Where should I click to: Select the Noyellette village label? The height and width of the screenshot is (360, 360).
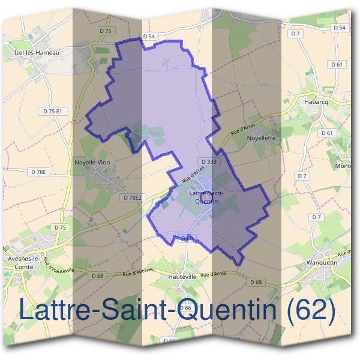pyautogui.click(x=261, y=137)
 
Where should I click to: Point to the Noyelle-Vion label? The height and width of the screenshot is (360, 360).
pyautogui.click(x=92, y=162)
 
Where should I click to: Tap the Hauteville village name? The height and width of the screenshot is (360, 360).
pyautogui.click(x=183, y=278)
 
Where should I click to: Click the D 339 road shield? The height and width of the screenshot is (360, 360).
pyautogui.click(x=209, y=162)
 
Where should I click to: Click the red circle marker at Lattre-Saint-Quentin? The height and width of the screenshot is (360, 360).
pyautogui.click(x=206, y=196)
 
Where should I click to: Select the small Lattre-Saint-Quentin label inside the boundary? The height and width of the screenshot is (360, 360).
pyautogui.click(x=204, y=197)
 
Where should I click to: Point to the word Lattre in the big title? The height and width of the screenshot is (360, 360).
pyautogui.click(x=53, y=310)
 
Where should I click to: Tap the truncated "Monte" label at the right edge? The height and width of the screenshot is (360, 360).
pyautogui.click(x=343, y=166)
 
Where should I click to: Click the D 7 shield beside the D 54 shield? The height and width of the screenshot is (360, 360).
pyautogui.click(x=295, y=34)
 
